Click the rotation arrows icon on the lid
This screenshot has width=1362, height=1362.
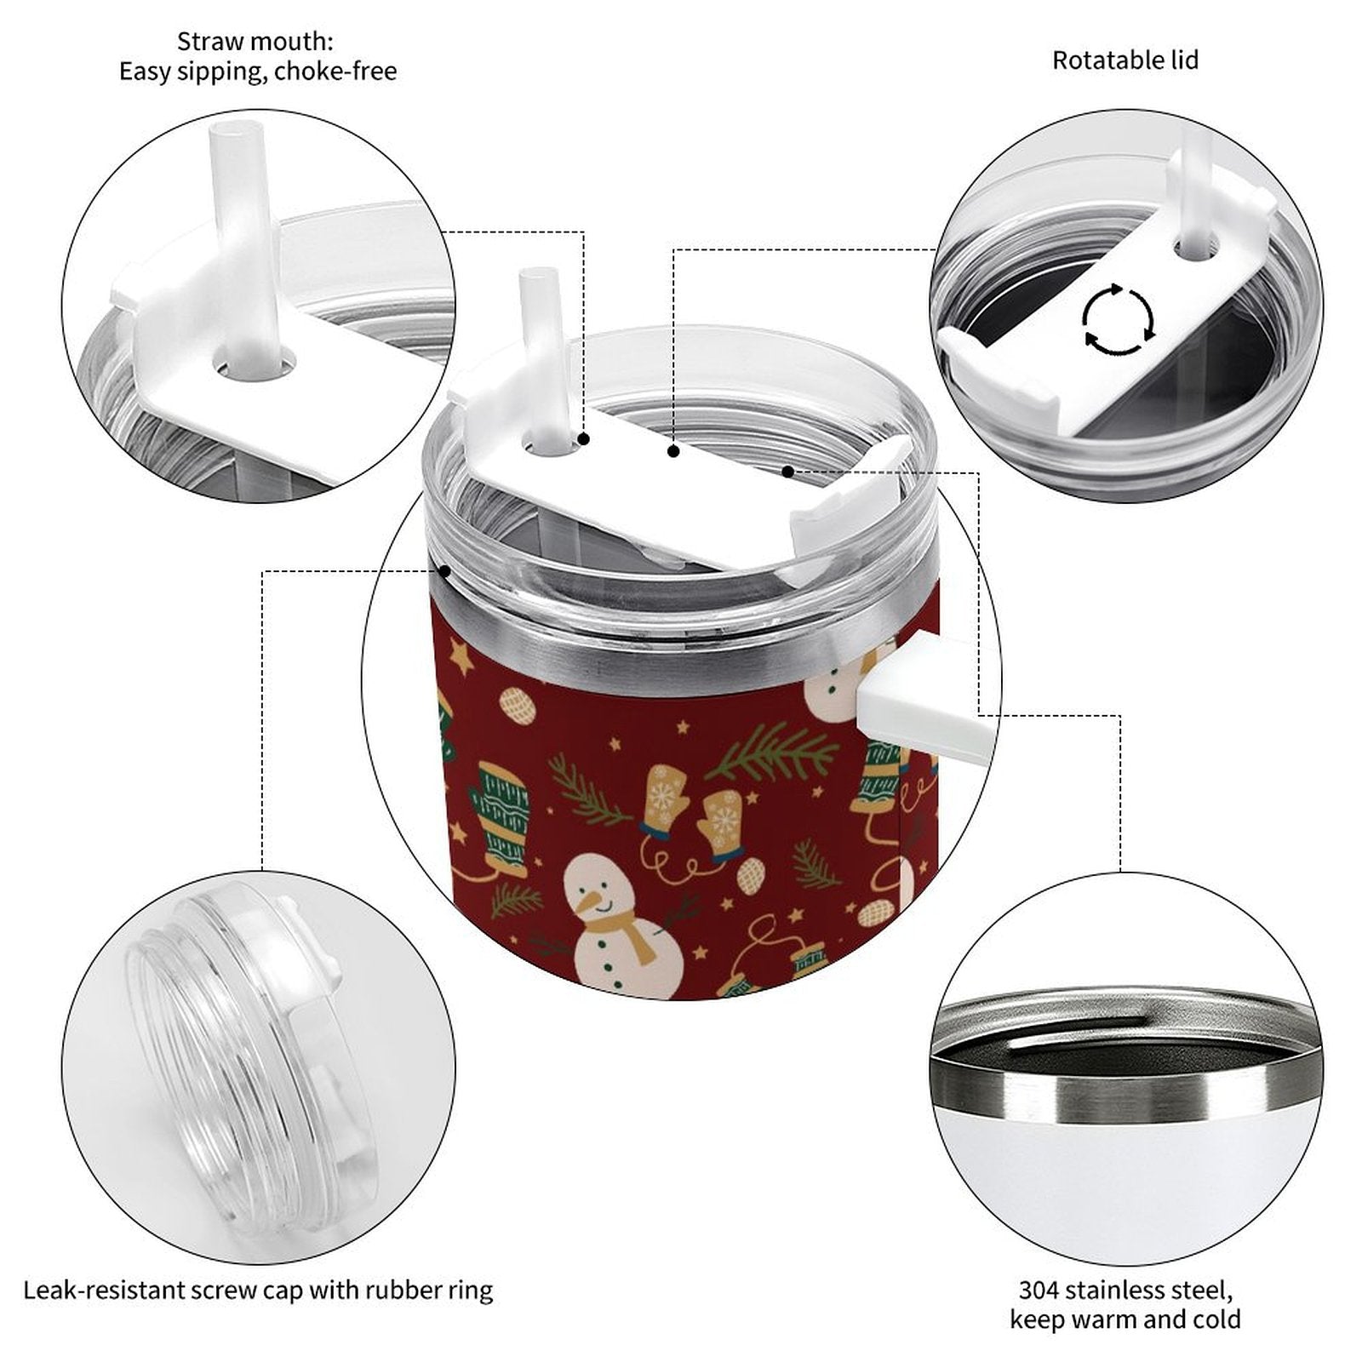[x=1119, y=321]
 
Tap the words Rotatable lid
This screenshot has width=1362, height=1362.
[x=1125, y=60]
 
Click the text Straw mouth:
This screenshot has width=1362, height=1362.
[x=255, y=41]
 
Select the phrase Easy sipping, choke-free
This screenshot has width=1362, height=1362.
[x=257, y=72]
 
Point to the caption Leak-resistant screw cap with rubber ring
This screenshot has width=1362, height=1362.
[x=258, y=1290]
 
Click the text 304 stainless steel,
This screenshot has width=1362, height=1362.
[x=1125, y=1290]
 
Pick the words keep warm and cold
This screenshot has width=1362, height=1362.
[x=1125, y=1320]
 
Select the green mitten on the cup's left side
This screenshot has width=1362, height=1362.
[x=501, y=815]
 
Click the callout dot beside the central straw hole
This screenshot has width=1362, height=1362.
[x=584, y=439]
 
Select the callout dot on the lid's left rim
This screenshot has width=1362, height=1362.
[x=444, y=570]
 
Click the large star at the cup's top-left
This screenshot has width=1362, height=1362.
[x=461, y=657]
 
